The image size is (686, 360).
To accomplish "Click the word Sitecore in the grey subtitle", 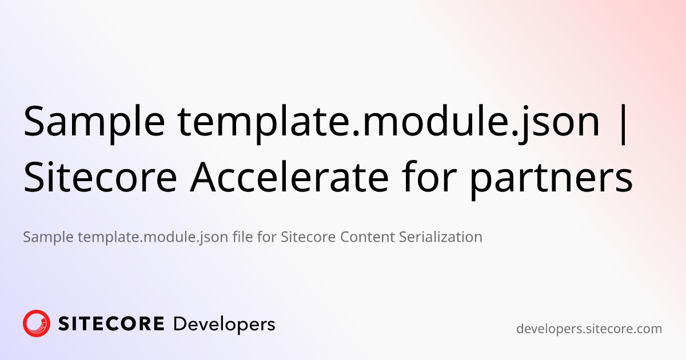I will point(308,237).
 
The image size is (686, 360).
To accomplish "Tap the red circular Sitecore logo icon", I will point(37,324).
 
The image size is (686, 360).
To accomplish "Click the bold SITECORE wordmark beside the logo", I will point(111,325).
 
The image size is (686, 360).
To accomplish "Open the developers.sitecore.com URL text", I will point(589,329).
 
